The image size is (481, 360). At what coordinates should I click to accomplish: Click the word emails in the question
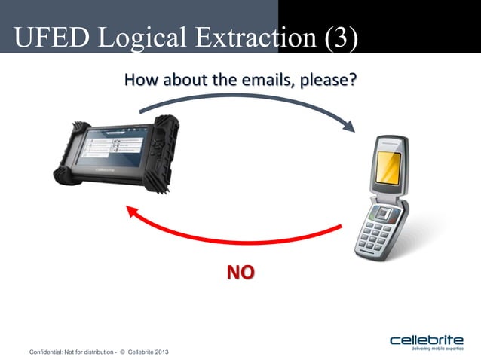pos(266,78)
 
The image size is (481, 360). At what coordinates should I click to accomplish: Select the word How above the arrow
pos(139,78)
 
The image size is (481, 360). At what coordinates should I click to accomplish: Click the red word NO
pos(240,272)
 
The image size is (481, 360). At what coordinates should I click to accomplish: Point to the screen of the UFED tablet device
pos(118,146)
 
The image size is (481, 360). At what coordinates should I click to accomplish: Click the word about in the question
pos(179,78)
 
